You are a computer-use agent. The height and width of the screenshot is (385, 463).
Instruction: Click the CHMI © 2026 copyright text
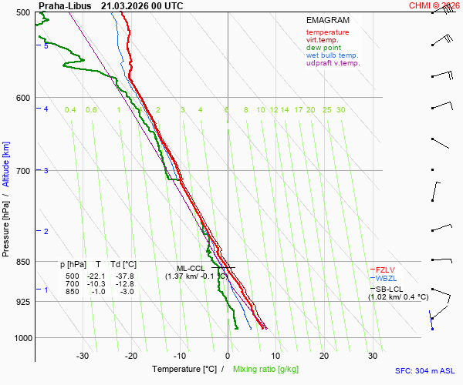(x=435, y=5)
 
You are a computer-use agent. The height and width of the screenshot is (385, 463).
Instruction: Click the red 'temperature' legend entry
(x=327, y=32)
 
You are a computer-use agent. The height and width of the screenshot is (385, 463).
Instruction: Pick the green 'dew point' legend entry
(x=323, y=48)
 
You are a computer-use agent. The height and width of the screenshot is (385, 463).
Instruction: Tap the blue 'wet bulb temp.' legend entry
(x=332, y=55)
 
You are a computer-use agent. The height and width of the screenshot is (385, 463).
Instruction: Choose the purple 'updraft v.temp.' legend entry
(x=333, y=63)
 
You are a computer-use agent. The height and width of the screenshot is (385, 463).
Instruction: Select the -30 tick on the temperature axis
(x=83, y=356)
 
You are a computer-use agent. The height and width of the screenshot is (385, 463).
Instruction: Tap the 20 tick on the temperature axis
(x=324, y=356)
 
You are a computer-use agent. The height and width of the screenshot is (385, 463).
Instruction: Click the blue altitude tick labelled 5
(x=46, y=46)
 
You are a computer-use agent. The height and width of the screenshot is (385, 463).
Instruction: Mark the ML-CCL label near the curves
(x=189, y=268)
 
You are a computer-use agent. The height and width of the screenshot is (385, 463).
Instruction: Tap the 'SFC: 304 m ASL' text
(x=424, y=370)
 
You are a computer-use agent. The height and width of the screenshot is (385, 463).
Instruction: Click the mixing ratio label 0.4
(x=70, y=110)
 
